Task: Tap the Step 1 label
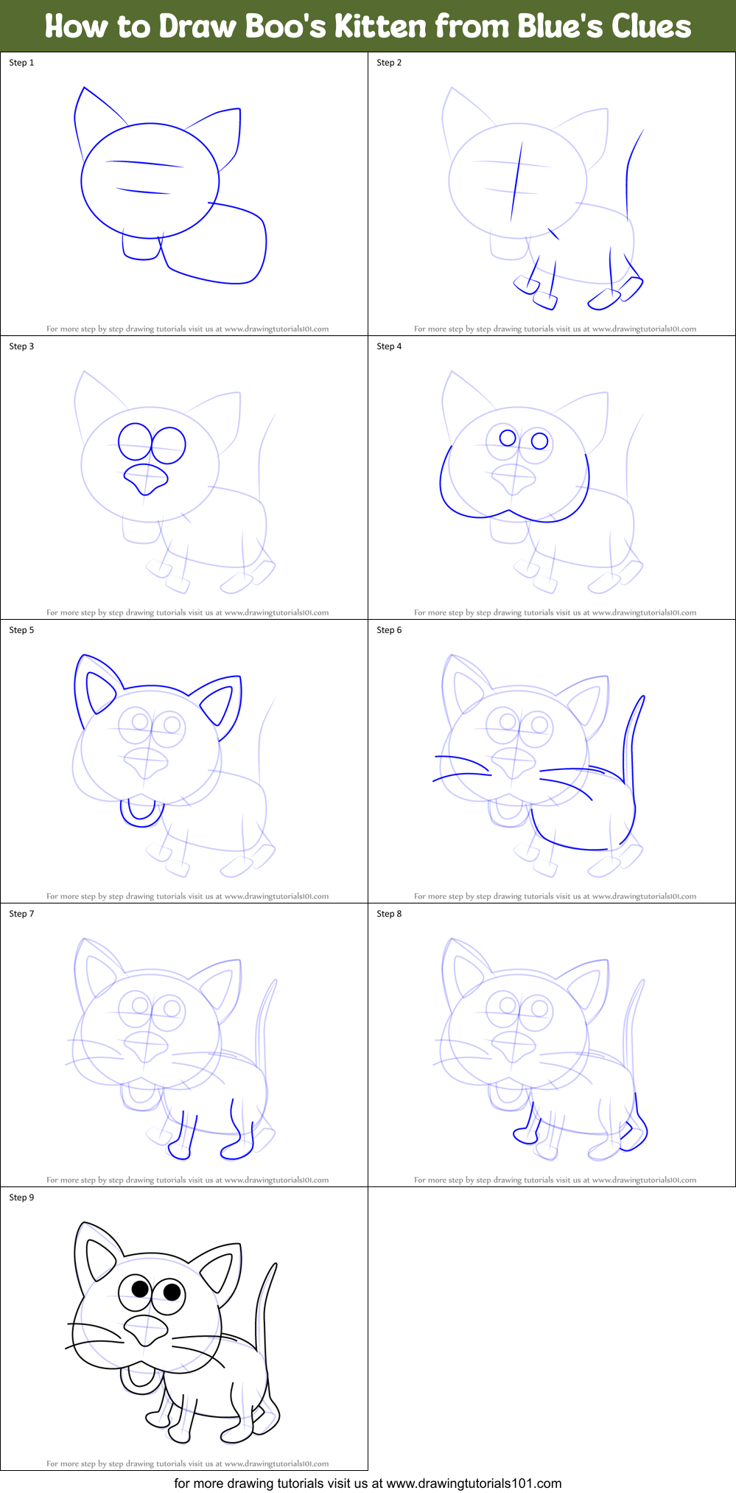[21, 63]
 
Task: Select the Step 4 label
[389, 346]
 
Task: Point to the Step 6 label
[389, 630]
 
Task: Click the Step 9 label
[21, 1197]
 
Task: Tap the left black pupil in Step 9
[140, 1289]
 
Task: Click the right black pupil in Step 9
[172, 1291]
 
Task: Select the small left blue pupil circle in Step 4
[508, 438]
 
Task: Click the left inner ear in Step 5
[99, 693]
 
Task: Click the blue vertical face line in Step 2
[516, 181]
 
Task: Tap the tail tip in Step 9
[275, 1265]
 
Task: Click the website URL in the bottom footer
[474, 1483]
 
